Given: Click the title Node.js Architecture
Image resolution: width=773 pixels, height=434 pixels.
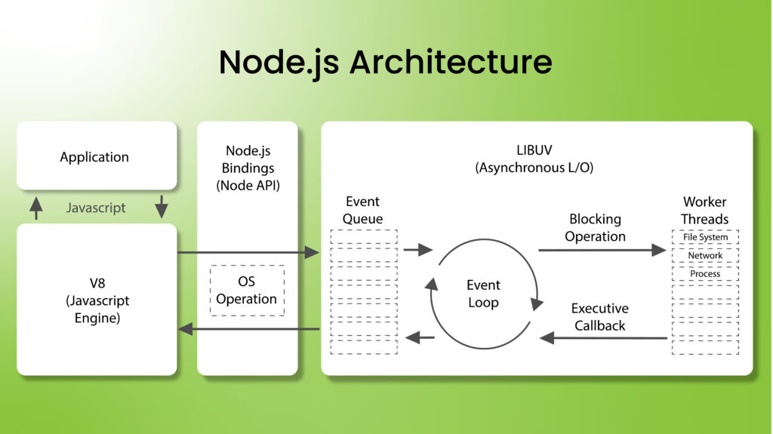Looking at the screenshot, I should click(385, 62).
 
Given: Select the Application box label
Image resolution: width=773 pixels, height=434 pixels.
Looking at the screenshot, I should click(94, 157).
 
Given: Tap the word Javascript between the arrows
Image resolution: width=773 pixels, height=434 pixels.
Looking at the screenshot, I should click(95, 208).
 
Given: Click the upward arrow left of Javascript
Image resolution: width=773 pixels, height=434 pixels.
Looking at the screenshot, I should click(36, 207).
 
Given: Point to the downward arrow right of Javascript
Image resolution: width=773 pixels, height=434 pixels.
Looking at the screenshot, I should click(161, 207).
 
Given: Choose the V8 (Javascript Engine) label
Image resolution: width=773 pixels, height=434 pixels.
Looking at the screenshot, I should click(97, 300).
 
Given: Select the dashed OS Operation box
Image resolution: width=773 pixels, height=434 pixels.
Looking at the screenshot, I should click(247, 291).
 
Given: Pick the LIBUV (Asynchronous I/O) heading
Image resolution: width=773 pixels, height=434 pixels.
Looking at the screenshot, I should click(534, 159).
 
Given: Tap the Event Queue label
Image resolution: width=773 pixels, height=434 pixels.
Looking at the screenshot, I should click(362, 210).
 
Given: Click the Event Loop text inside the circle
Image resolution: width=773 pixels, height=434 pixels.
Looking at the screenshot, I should click(483, 294).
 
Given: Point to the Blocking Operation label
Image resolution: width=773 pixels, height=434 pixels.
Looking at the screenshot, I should click(595, 227).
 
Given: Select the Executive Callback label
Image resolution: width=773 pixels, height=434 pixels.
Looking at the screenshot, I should click(599, 317).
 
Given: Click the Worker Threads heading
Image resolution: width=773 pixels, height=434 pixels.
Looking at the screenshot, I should click(704, 211).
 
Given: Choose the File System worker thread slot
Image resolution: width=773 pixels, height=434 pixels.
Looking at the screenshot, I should click(705, 238).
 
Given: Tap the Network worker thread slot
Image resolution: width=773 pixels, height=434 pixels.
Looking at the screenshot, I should click(705, 256).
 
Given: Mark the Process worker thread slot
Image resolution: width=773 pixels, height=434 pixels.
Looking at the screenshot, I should click(705, 274).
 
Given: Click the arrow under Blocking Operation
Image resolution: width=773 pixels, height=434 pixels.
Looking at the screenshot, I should click(602, 250).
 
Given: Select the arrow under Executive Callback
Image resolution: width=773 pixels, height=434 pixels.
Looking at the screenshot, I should click(603, 338).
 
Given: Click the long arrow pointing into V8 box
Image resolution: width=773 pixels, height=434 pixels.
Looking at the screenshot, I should click(249, 329).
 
